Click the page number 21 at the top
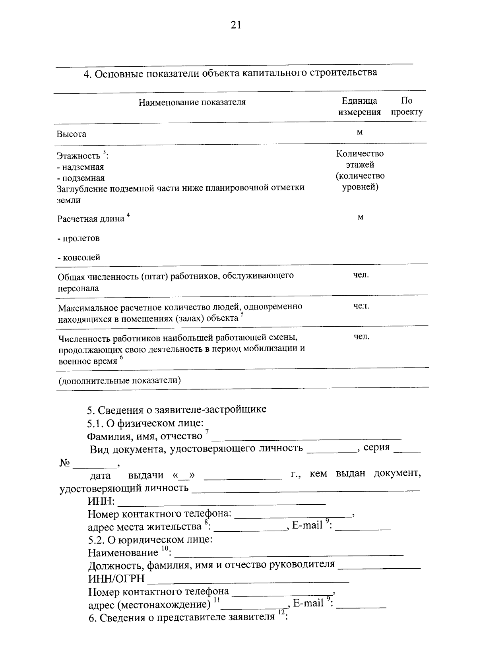point(236,25)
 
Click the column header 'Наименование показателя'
point(192,102)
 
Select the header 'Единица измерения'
point(359,107)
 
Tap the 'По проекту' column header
point(407,107)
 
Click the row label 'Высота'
point(71,134)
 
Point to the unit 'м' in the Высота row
point(360,132)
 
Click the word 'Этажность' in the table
point(78,156)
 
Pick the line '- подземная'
point(81,178)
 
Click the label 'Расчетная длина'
point(91,219)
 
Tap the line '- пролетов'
point(78,238)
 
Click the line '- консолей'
point(79,258)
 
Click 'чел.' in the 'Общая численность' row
point(361,275)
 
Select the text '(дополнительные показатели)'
point(120,381)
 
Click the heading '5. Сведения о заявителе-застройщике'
point(177,409)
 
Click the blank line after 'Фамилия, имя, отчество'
point(306,438)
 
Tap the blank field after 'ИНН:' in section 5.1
point(222,503)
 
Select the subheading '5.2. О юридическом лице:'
point(150,540)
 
